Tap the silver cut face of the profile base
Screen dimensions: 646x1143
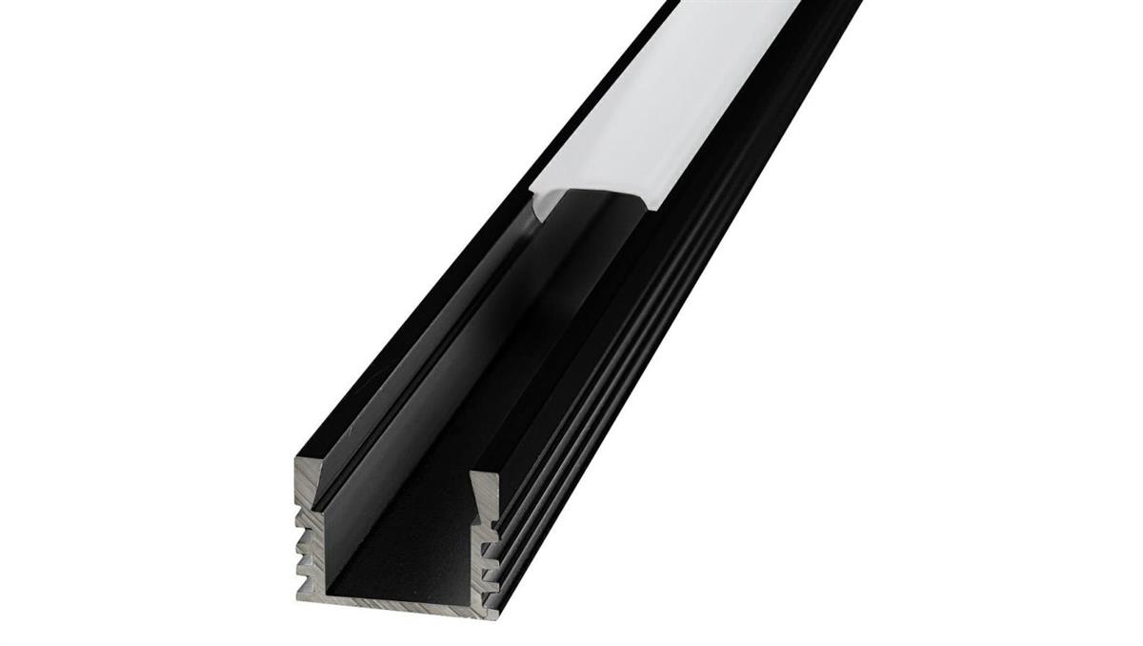pyautogui.click(x=400, y=602)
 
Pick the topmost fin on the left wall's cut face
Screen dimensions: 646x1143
pyautogui.click(x=307, y=519)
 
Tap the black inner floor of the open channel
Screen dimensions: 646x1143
pyautogui.click(x=410, y=562)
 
